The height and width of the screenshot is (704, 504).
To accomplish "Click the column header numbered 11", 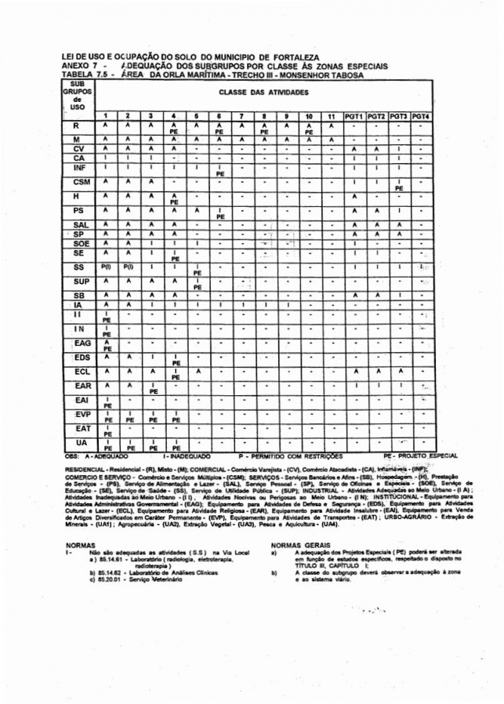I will pyautogui.click(x=332, y=116).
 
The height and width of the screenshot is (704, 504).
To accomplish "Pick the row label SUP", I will pyautogui.click(x=77, y=280).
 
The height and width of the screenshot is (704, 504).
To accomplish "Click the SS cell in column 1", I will pyautogui.click(x=105, y=266).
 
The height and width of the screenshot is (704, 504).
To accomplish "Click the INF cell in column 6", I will pyautogui.click(x=219, y=169).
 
